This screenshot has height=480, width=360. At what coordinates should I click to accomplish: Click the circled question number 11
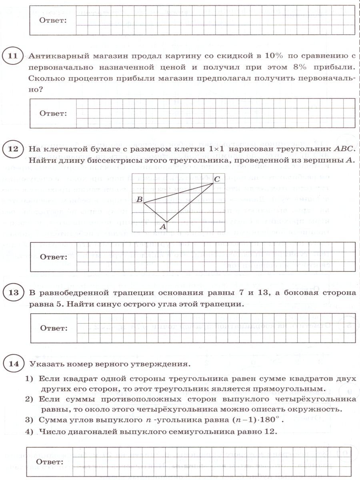click(13, 56)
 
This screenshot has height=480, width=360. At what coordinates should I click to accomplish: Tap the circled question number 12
click(13, 150)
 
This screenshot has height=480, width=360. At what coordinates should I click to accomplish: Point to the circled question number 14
click(13, 364)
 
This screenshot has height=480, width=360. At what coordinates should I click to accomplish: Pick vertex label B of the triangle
click(139, 199)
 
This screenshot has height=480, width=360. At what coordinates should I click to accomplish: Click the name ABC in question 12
click(345, 149)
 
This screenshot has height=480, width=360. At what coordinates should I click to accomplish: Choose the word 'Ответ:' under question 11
click(53, 113)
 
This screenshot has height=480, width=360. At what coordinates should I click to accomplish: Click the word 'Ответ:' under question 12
click(53, 257)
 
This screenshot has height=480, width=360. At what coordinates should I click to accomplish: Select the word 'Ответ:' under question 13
click(53, 328)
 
